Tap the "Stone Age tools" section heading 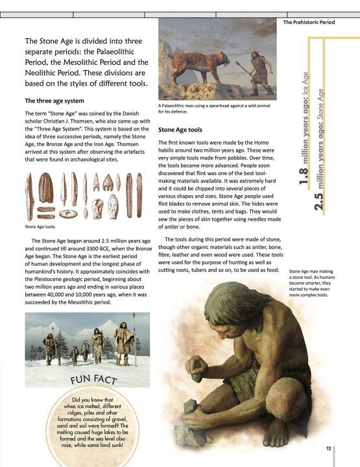click(x=180, y=130)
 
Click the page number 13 click(x=329, y=448)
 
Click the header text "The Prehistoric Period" click(x=309, y=22)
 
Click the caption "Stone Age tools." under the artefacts click(x=40, y=227)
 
